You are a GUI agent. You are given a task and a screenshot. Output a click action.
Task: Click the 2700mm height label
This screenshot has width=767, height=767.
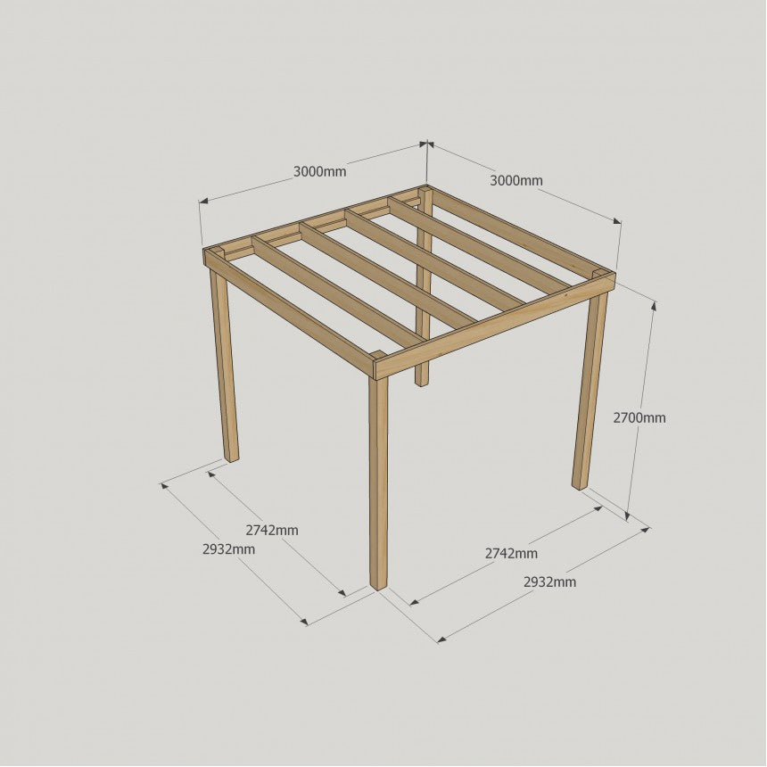639,417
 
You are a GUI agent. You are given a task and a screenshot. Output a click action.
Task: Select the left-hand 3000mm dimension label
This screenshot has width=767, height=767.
319,172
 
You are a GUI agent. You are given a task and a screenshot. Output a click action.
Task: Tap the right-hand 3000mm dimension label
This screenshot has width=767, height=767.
516,181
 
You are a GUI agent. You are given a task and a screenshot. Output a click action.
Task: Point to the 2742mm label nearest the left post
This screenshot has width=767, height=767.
271,531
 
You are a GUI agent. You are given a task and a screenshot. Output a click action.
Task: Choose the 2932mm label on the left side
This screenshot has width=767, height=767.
228,549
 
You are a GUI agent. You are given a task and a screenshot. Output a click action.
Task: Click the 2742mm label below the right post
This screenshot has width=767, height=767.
511,553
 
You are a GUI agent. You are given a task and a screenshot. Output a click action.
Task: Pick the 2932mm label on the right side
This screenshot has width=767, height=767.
549,582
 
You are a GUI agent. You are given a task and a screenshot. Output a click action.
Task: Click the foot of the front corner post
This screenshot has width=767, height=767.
379,586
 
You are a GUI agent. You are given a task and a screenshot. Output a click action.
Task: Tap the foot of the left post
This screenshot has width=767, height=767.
233,458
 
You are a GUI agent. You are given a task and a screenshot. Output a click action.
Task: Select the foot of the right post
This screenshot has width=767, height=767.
579,485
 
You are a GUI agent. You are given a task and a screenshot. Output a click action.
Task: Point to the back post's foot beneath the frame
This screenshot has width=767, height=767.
420,383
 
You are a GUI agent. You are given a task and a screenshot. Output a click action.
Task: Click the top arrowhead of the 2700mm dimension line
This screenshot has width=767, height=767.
654,306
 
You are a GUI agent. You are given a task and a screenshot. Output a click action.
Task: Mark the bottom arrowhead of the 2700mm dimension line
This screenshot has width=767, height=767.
628,516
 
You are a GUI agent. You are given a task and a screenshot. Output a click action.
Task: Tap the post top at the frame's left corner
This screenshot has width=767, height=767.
215,253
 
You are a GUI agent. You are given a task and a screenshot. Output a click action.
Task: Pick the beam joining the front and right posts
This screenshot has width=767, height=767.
495,326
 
